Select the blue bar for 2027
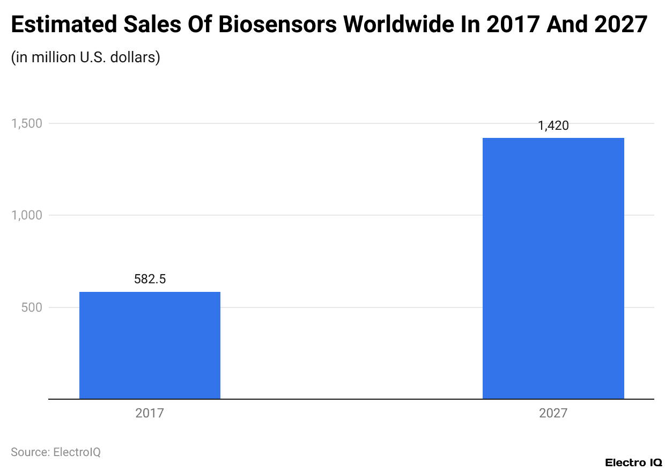(553, 268)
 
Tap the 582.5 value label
(150, 280)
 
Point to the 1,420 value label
(553, 126)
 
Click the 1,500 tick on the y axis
(27, 123)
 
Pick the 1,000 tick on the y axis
(27, 215)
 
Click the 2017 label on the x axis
(150, 414)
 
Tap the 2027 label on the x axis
(553, 414)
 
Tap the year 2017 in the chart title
(512, 25)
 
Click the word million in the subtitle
(54, 57)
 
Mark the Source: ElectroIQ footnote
(56, 452)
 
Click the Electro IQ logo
(633, 462)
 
